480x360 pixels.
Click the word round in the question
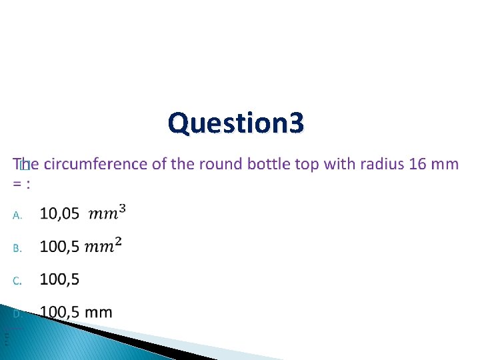point(222,163)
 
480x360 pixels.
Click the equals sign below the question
point(17,183)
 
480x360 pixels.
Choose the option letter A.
point(18,215)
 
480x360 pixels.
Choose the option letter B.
point(18,248)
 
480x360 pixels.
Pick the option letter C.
point(18,281)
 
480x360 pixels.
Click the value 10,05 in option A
point(59,214)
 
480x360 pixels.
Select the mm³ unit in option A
point(107,213)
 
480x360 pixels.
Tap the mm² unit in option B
point(103,246)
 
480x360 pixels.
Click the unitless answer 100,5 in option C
point(59,279)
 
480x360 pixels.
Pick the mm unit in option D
point(99,312)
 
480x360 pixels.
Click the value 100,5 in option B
point(59,247)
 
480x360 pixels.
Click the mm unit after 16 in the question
point(445,164)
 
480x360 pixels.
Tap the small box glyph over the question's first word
point(25,165)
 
